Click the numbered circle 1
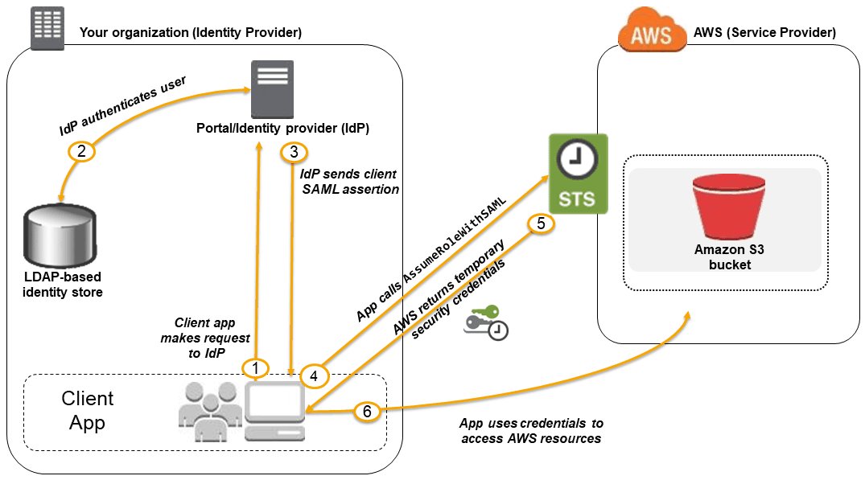(255, 368)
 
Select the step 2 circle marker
(81, 150)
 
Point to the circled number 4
(313, 375)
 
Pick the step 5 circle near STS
(540, 224)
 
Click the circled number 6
(367, 411)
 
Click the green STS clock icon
(577, 174)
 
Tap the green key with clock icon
(486, 322)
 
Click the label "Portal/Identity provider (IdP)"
(282, 129)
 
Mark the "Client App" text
(88, 411)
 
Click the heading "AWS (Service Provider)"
(764, 33)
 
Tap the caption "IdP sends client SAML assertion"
(348, 181)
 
